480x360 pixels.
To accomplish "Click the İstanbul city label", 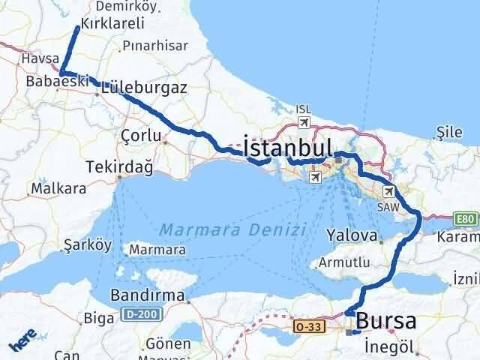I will [x=286, y=145].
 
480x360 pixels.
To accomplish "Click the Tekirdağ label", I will [x=119, y=166].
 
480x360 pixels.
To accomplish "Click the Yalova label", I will [x=351, y=235].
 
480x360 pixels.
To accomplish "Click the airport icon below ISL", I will [x=303, y=121].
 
